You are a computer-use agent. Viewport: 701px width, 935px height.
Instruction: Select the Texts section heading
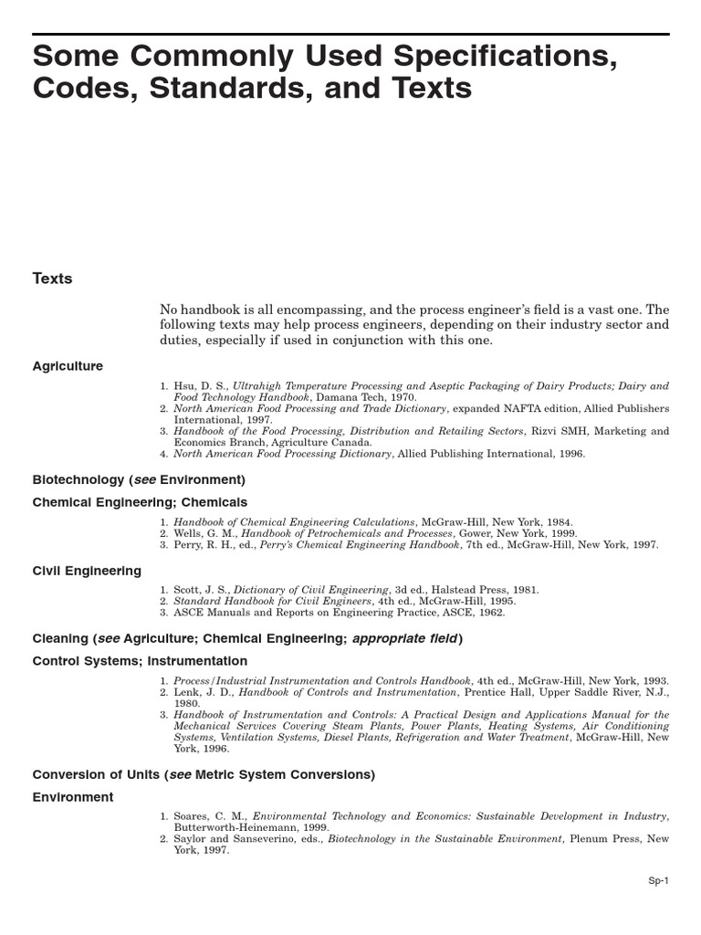52,278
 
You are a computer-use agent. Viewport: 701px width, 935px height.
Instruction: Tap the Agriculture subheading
68,366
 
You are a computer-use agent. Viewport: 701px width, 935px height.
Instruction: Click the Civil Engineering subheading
87,571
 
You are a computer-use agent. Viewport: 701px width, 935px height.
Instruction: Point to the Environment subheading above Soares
73,797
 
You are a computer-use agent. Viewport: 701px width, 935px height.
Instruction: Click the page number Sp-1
658,880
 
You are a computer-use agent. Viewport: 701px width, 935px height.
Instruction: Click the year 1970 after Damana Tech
402,397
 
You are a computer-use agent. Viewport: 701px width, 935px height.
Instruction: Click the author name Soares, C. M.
211,815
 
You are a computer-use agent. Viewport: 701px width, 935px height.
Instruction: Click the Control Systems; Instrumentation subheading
140,660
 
